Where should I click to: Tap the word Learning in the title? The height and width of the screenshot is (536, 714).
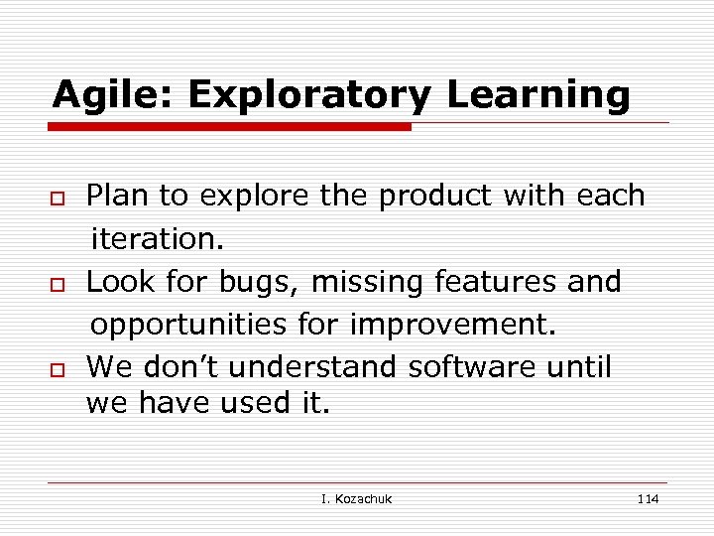coord(538,95)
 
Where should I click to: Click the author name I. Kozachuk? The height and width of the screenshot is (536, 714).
coord(356,498)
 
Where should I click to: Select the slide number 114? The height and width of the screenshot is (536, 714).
coord(648,498)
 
